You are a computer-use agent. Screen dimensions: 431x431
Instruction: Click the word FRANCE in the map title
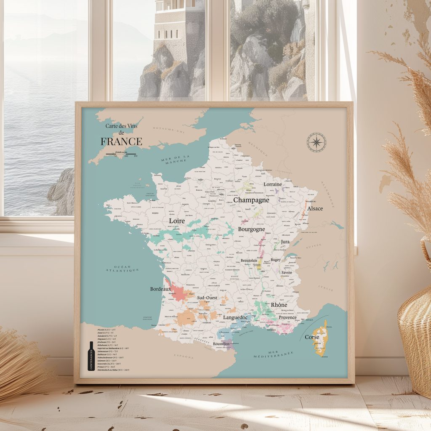coord(121,142)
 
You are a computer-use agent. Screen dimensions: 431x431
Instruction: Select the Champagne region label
coord(251,200)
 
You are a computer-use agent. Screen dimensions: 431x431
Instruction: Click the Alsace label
coord(315,208)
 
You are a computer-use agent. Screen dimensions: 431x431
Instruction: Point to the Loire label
coord(177,221)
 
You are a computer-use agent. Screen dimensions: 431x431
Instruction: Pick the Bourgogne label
coord(251,229)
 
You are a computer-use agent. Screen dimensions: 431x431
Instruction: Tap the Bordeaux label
coord(160,289)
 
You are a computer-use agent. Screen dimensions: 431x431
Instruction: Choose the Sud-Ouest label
coord(207,298)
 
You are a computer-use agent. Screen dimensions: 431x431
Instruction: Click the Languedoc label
coord(236,317)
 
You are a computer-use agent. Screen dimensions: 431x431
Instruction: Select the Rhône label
coord(279,305)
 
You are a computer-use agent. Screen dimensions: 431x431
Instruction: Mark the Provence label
coord(287,317)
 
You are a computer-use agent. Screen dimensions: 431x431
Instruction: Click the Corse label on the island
coord(312,337)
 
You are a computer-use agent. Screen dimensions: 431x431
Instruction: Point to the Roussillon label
coord(221,344)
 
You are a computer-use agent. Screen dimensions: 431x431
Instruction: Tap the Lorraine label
coord(273,184)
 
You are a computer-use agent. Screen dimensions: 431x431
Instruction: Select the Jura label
coord(285,242)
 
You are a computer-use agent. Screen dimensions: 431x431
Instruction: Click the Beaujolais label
coord(249,261)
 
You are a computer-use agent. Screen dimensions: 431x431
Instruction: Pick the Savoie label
coord(287,272)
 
